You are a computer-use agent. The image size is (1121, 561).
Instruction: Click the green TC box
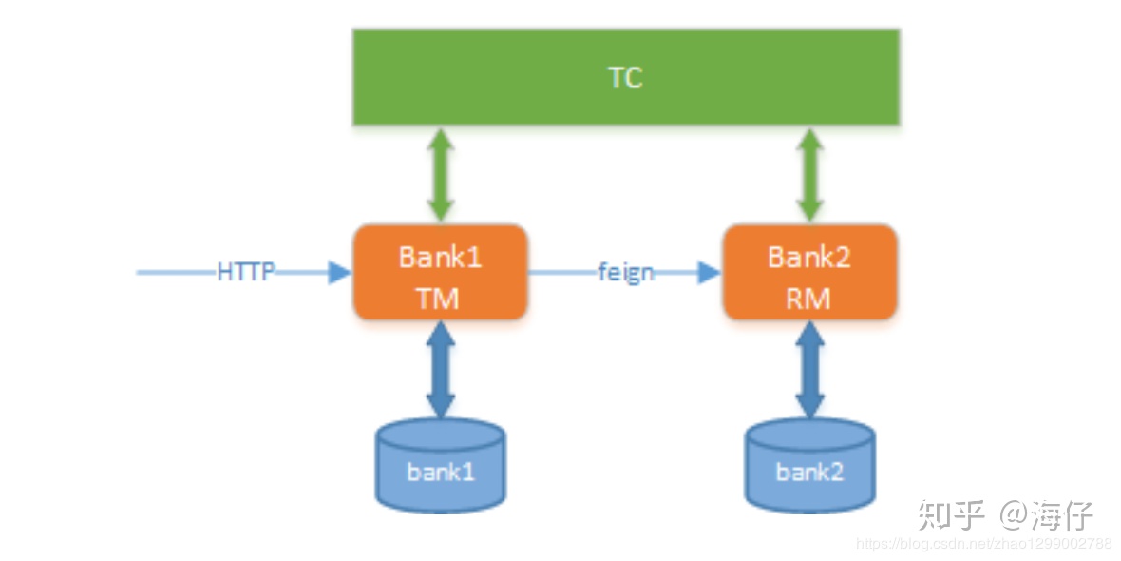click(x=625, y=77)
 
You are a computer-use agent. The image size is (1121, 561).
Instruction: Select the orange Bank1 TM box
click(x=441, y=272)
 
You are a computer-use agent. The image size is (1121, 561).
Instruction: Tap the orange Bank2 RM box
click(x=809, y=272)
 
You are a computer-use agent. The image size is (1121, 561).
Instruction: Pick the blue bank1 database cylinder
click(x=441, y=466)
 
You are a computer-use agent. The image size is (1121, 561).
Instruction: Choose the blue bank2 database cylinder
click(x=809, y=466)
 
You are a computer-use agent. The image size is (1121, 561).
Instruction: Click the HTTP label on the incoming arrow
click(x=247, y=272)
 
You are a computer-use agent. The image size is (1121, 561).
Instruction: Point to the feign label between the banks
click(x=625, y=272)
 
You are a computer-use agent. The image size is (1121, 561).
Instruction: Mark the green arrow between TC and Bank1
click(x=441, y=175)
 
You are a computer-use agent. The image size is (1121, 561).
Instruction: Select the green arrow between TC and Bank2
click(x=809, y=175)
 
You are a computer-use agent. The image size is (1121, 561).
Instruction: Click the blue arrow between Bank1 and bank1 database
click(x=441, y=369)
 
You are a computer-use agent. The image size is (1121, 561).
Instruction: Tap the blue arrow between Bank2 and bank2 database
click(x=809, y=369)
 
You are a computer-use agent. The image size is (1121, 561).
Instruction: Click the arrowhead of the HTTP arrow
click(x=340, y=273)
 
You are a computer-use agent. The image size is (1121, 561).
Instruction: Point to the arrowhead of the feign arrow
click(x=710, y=272)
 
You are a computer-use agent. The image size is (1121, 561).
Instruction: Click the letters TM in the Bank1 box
click(x=438, y=299)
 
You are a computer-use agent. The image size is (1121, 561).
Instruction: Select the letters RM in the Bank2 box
click(x=809, y=299)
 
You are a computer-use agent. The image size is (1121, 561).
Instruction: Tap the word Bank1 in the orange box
click(x=441, y=256)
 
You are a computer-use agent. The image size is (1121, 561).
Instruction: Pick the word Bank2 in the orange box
click(x=809, y=256)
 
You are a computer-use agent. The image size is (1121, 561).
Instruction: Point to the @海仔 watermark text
click(x=1048, y=513)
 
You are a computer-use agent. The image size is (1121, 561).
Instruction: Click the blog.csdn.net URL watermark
click(x=984, y=544)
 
